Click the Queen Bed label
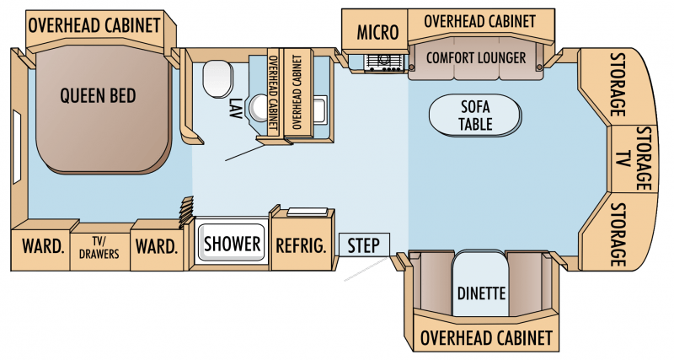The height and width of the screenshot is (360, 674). coord(99,96)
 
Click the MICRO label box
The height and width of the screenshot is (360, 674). coord(377,32)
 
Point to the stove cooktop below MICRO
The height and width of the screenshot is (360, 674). coord(383,62)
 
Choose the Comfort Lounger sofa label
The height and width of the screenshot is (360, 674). coord(476,57)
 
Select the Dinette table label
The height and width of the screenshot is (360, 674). coord(480,295)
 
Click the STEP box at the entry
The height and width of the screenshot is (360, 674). coord(364,245)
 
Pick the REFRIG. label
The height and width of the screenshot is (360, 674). coord(301,245)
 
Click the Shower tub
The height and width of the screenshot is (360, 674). coord(232,244)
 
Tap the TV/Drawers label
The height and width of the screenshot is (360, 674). coord(99,248)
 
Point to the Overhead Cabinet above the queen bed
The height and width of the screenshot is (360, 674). coord(94,25)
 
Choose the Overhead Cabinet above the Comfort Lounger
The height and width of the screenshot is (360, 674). coord(479,21)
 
